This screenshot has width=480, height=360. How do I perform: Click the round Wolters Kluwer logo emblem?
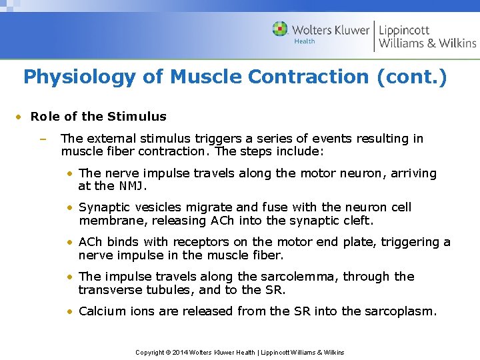click(x=281, y=29)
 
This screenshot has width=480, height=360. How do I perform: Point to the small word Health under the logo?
click(x=304, y=41)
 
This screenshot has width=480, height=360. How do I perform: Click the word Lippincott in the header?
click(x=404, y=30)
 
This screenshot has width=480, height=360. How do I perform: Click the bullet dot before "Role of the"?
click(x=20, y=117)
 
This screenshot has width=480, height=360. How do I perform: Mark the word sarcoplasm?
click(x=399, y=311)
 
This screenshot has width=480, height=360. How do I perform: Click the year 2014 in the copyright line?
click(x=180, y=352)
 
